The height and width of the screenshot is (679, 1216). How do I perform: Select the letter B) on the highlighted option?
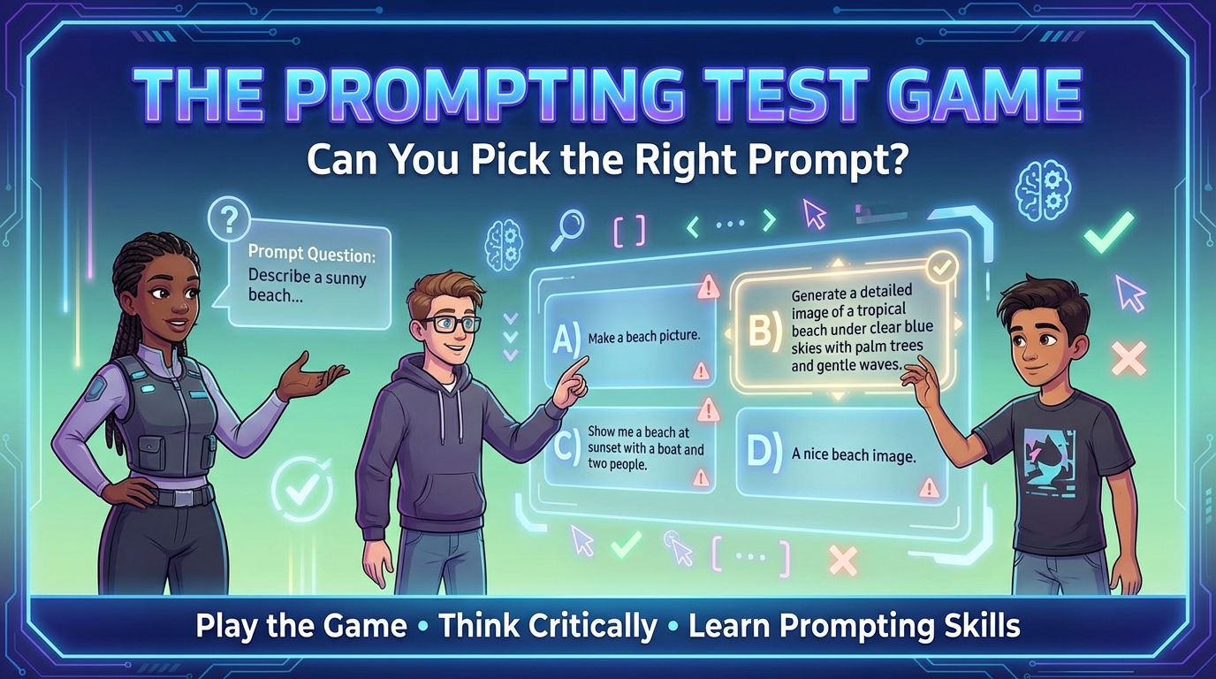(x=764, y=329)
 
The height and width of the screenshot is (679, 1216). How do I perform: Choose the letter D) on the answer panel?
(x=762, y=451)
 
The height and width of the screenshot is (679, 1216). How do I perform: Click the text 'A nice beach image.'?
(x=854, y=455)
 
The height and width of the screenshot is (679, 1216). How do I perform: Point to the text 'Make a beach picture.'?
(x=643, y=337)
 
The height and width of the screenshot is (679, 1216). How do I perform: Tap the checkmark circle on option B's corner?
(x=941, y=265)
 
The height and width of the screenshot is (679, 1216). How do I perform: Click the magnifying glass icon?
(x=565, y=227)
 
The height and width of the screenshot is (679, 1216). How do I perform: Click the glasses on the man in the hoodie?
(x=451, y=324)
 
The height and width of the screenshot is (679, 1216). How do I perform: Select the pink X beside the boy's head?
(x=1129, y=358)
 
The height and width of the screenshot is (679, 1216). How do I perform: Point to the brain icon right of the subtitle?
(x=1038, y=187)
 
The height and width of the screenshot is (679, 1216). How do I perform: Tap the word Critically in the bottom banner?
(x=549, y=626)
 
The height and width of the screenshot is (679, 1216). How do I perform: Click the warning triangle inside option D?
(x=928, y=487)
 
